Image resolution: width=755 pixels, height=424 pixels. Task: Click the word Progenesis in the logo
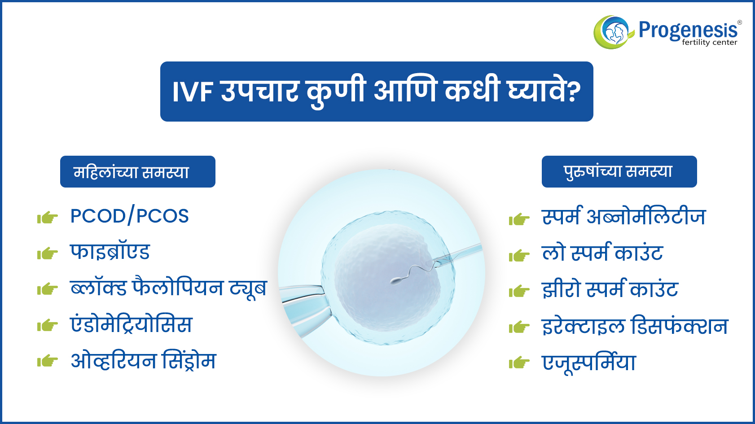(688, 30)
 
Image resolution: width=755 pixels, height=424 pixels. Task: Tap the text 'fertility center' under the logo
(710, 43)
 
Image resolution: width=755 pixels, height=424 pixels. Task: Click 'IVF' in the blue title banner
(193, 92)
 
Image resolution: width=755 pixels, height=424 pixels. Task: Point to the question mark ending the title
(574, 92)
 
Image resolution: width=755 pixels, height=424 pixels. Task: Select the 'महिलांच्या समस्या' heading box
(137, 171)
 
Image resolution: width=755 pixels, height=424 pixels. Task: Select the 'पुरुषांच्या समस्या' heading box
(619, 171)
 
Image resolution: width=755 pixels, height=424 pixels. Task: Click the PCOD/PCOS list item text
(129, 216)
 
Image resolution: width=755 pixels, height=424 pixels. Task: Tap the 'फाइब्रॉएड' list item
(110, 252)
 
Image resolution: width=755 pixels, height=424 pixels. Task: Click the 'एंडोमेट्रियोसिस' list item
(132, 324)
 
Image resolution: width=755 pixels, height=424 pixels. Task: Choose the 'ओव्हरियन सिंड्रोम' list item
(143, 360)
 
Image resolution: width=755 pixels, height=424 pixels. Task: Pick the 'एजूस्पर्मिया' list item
(589, 363)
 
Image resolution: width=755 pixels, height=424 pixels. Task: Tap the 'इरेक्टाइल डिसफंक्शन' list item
(635, 325)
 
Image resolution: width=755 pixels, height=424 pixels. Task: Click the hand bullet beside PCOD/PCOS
(47, 218)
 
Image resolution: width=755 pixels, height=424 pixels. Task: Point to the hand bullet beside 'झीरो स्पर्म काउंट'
(519, 291)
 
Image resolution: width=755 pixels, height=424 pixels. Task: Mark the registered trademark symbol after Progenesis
(739, 22)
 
